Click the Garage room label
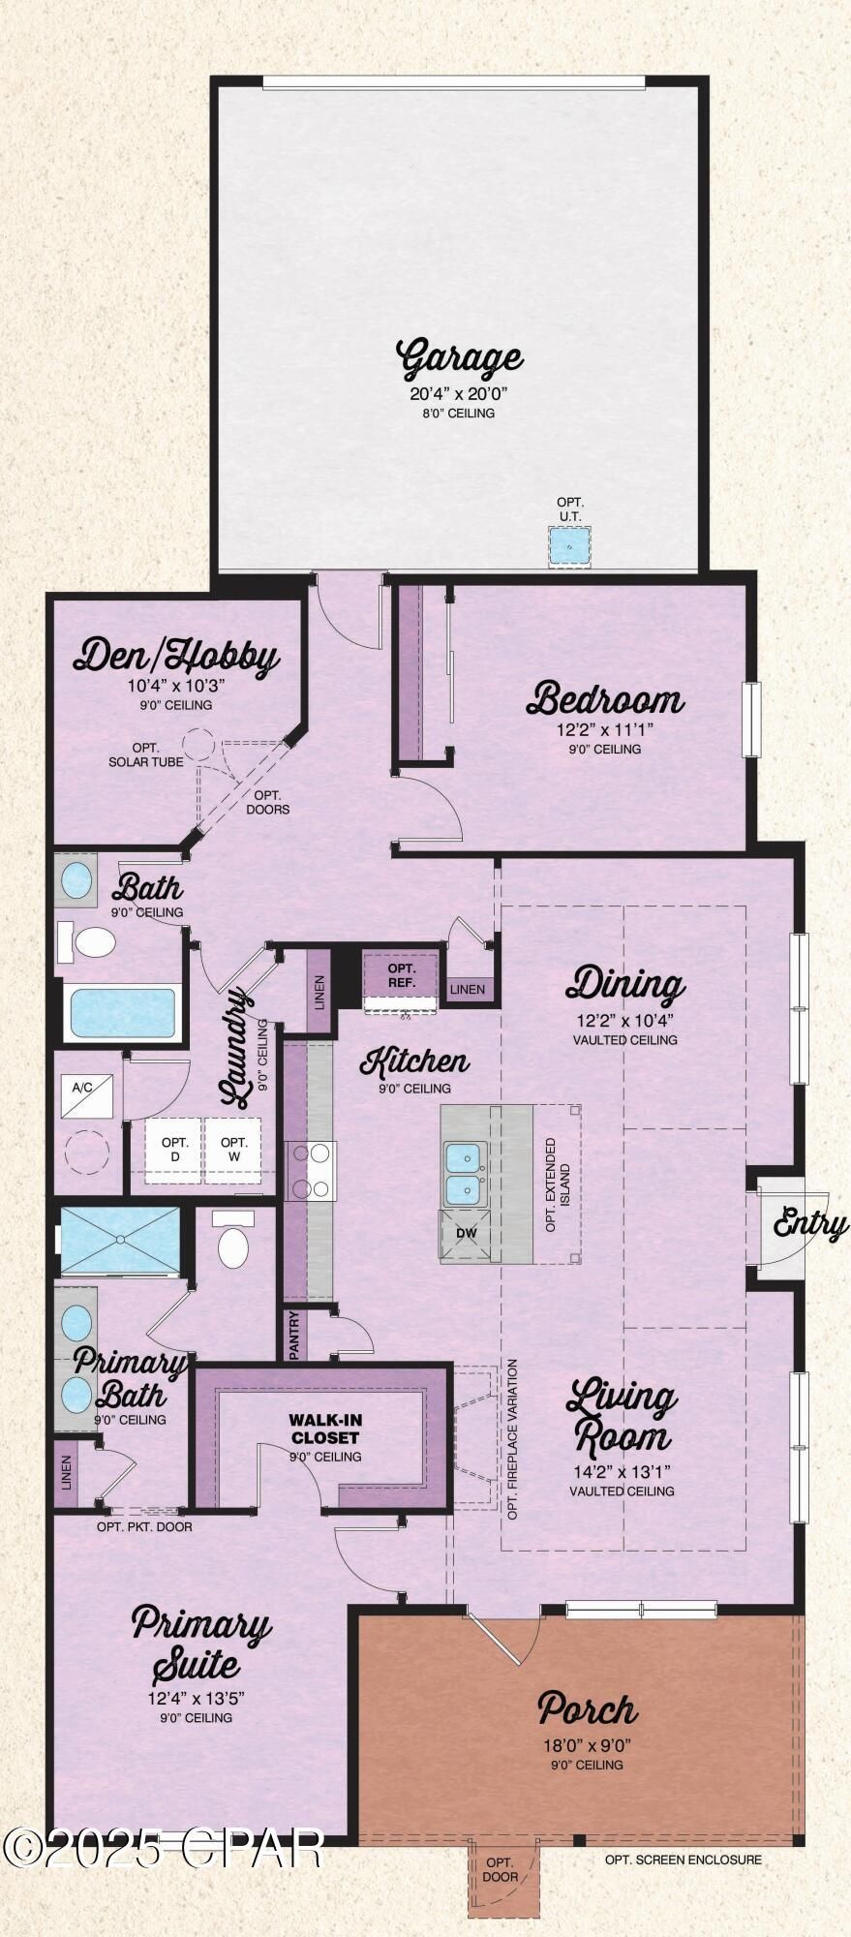click(460, 358)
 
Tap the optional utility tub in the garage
click(570, 546)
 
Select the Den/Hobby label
click(176, 658)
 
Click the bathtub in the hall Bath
click(123, 1011)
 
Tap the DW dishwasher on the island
click(467, 1236)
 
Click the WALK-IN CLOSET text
click(325, 1429)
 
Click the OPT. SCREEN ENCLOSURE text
click(684, 1859)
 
